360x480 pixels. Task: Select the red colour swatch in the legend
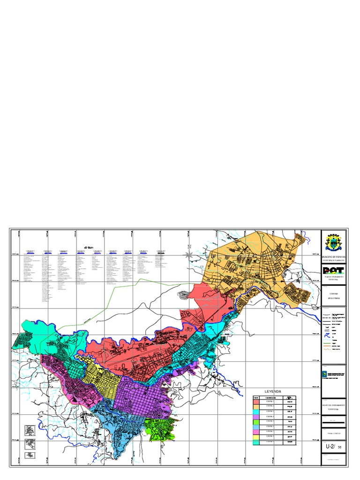pos(256,402)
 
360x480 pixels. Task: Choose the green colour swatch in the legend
pos(256,422)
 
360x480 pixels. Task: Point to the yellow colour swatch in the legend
pos(256,435)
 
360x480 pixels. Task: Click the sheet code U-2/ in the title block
pos(330,447)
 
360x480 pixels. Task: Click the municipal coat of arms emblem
pos(333,242)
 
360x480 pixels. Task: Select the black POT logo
pos(333,270)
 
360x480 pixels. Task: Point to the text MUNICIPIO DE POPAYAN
pos(333,258)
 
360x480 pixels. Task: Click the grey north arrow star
pos(189,255)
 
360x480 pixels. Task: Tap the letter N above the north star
pos(189,247)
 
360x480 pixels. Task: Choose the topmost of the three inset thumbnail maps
pos(29,430)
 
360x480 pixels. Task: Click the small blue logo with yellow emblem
pos(325,374)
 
